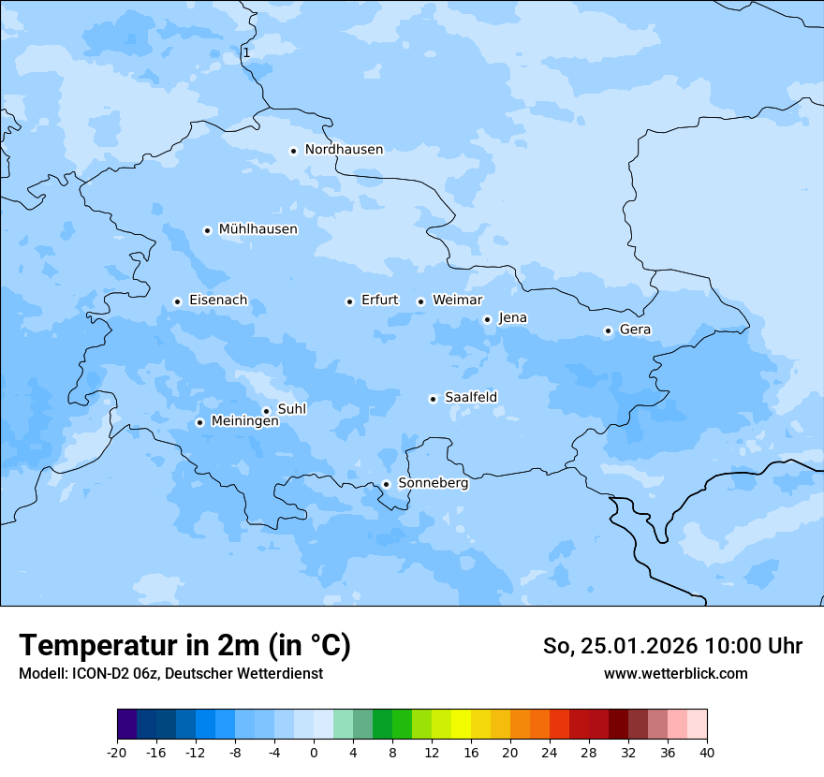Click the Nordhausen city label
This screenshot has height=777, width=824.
click(x=344, y=150)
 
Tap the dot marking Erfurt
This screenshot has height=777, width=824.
click(x=349, y=301)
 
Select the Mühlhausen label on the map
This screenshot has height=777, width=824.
click(x=257, y=229)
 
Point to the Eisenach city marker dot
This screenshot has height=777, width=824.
click(x=177, y=301)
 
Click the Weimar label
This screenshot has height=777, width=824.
click(x=457, y=301)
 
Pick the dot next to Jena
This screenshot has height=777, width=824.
click(x=487, y=319)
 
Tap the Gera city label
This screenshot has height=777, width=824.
click(x=635, y=330)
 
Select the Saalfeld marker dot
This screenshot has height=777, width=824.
click(x=433, y=399)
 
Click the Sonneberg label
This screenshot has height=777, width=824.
click(x=433, y=483)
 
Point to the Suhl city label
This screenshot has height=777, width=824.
click(x=292, y=409)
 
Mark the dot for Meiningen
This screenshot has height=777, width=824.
click(x=199, y=422)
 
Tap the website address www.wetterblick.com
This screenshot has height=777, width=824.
click(x=675, y=673)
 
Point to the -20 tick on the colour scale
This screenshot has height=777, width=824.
click(x=117, y=753)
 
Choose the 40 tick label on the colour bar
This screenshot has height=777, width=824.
click(x=706, y=753)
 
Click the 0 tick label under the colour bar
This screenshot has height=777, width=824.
click(x=314, y=753)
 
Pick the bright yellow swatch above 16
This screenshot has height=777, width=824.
click(x=461, y=725)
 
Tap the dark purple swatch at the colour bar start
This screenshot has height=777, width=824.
click(x=126, y=725)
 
